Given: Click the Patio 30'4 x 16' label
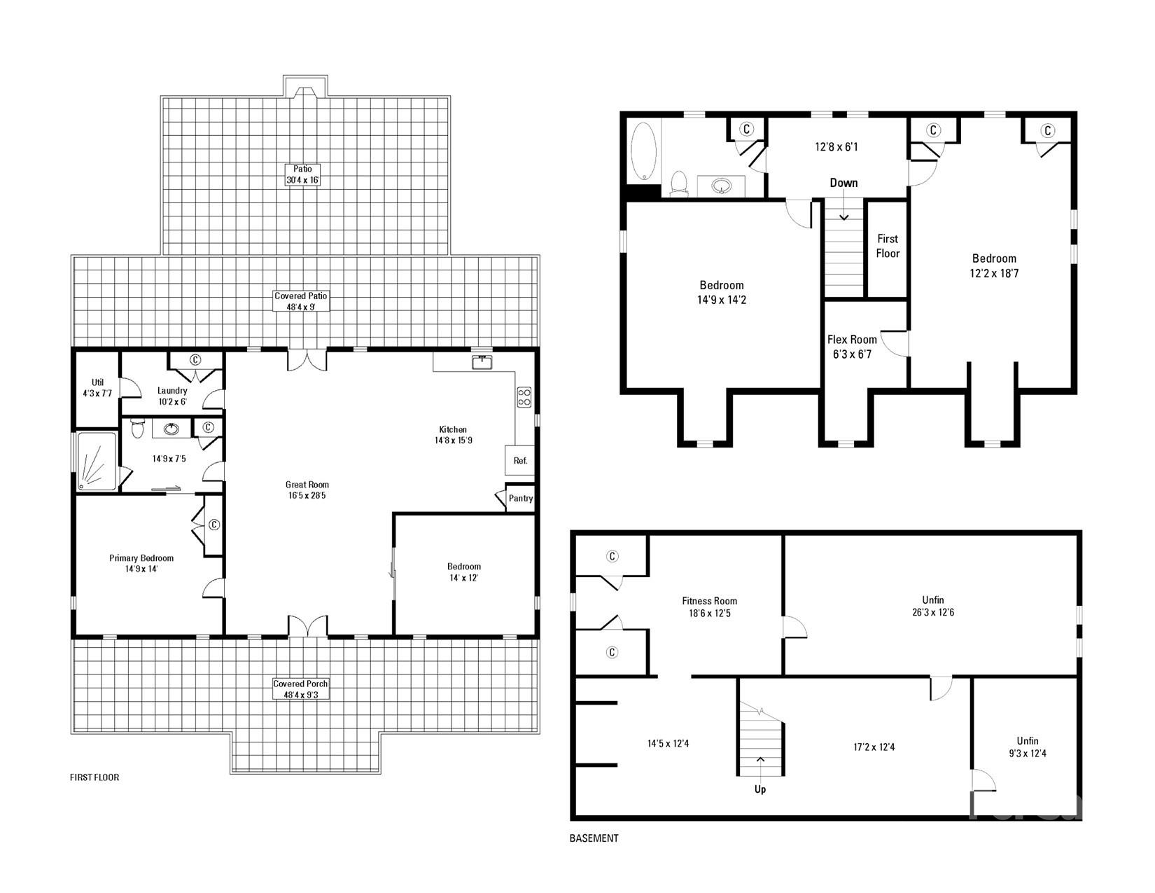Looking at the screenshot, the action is coord(302,174).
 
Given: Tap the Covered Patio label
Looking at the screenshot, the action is coord(301,301).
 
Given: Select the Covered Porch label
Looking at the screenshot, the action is coord(300,689).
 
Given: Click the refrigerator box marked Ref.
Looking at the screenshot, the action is coord(520,460).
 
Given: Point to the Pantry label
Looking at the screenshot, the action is coord(520,498).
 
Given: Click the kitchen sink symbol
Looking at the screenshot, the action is coord(482,362).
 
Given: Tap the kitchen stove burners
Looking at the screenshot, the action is coord(524,397).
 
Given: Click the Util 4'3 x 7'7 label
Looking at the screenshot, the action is coord(97,388).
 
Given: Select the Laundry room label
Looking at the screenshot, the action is coord(172,396).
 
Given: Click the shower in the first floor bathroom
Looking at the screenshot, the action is coord(97,461).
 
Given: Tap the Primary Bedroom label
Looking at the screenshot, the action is coord(141,563).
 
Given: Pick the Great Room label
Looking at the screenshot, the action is coord(307,490).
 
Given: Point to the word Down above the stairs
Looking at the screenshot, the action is coord(843,183).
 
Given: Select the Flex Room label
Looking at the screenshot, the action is coord(852,347).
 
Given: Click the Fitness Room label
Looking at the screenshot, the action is coord(710,607).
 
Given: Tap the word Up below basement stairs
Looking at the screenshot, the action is coord(760,789).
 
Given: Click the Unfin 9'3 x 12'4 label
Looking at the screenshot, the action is coord(1028,747).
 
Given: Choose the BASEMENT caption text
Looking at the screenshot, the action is coord(594,838).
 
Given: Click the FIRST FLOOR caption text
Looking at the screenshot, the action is coord(94,777).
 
